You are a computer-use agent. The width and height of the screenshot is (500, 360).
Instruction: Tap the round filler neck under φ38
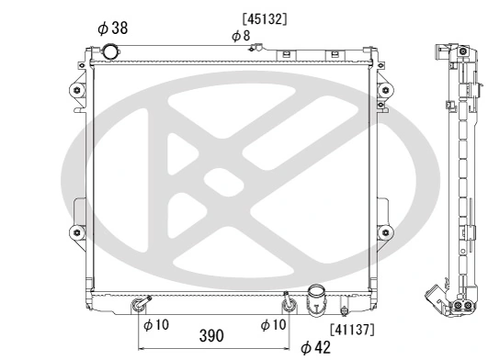tap(114, 51)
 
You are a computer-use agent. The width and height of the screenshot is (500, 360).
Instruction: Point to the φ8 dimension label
tap(241, 35)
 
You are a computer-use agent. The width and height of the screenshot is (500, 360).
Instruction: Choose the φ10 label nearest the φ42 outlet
tap(273, 323)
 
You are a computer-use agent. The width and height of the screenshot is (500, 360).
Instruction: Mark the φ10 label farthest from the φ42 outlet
tap(154, 323)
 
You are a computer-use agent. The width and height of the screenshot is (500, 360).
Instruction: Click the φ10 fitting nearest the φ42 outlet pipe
tap(287, 302)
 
